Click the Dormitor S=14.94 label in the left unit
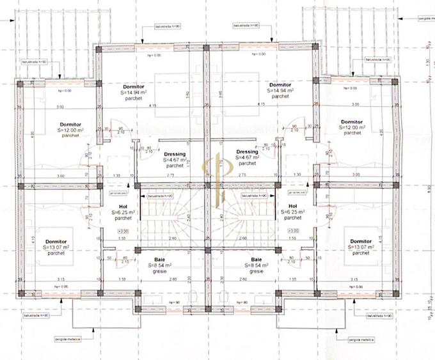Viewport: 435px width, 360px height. point(134,91)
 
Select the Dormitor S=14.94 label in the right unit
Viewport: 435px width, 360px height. point(280,91)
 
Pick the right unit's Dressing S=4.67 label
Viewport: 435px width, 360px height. point(246,158)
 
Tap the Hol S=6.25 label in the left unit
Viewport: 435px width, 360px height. point(123,212)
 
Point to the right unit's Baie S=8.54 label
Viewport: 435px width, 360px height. point(255,265)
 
